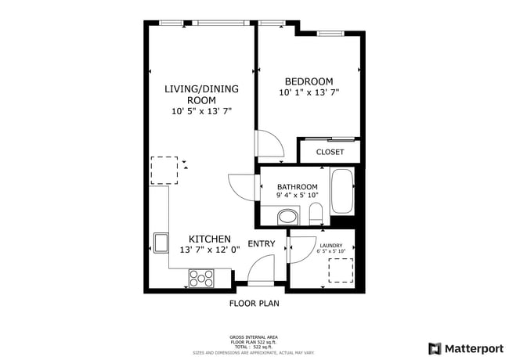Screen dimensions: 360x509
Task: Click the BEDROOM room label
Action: click(x=309, y=81)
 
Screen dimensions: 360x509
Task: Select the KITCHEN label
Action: click(x=209, y=239)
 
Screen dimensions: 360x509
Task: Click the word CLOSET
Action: click(x=330, y=152)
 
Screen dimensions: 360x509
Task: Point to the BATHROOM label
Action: click(x=297, y=187)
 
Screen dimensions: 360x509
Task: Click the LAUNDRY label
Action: click(x=330, y=245)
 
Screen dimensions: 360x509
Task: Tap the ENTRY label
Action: click(x=262, y=243)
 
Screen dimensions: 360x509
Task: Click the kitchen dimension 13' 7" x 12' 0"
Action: click(x=209, y=250)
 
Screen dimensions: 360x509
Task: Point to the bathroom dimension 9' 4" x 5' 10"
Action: click(x=297, y=196)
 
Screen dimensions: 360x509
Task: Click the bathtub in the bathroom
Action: click(x=342, y=190)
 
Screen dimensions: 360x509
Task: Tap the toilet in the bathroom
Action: click(x=316, y=213)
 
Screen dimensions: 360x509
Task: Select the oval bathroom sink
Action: click(x=287, y=216)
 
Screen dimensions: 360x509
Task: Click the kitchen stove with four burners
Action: click(x=201, y=276)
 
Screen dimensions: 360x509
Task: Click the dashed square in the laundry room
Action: click(x=341, y=270)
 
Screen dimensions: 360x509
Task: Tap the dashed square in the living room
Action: click(x=164, y=169)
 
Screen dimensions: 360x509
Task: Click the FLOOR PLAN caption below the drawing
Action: click(x=254, y=303)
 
